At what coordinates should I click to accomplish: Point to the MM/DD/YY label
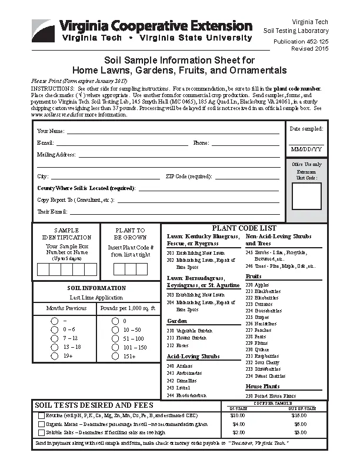point(306,149)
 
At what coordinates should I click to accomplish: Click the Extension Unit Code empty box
point(306,197)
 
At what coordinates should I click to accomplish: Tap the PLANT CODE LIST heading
point(244,228)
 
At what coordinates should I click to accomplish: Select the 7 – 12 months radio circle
point(54,338)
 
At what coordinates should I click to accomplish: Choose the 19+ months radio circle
point(54,355)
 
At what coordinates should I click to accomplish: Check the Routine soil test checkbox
point(41,415)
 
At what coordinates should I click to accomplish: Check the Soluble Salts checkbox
point(41,432)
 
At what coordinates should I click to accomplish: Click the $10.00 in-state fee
point(238,415)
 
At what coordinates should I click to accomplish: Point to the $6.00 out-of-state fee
point(300,424)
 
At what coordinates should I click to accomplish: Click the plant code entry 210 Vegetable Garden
point(189,331)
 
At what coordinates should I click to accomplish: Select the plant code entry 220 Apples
point(257,285)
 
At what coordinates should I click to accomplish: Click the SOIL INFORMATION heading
point(96,288)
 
